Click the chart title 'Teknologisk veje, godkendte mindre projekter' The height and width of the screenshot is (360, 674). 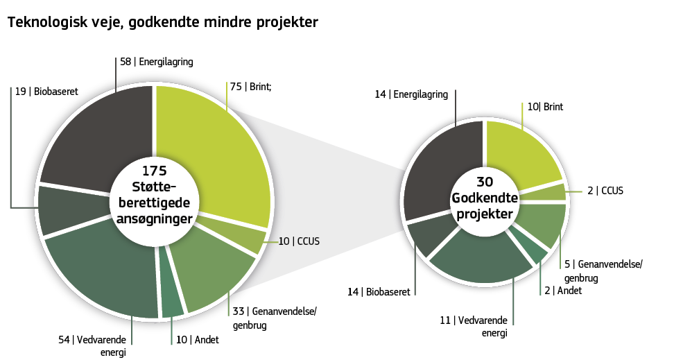162,23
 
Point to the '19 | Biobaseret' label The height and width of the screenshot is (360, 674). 46,91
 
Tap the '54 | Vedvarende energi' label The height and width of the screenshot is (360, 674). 92,345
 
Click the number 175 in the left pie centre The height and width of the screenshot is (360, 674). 154,171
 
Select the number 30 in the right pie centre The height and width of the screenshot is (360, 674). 485,182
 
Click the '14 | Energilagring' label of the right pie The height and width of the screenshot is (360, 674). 411,94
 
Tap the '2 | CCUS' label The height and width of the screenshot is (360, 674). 605,190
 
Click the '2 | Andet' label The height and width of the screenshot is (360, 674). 563,291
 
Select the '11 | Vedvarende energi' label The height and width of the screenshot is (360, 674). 474,326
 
